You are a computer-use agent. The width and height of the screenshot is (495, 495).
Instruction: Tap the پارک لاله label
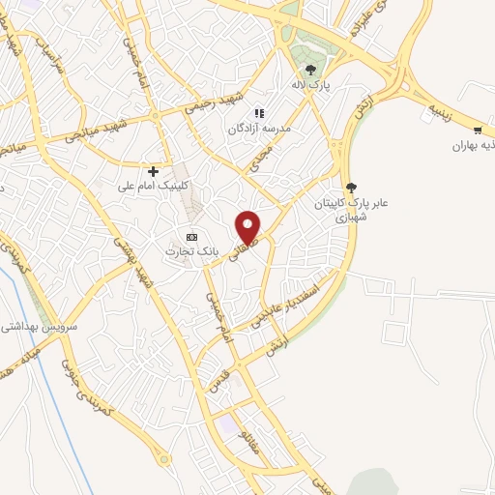point(311,85)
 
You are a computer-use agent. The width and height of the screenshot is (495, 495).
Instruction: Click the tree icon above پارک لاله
point(310,69)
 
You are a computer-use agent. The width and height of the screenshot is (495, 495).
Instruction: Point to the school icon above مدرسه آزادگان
point(259,113)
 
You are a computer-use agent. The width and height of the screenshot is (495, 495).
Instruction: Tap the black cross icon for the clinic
point(154,170)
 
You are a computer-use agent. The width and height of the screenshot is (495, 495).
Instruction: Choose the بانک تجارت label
point(192,251)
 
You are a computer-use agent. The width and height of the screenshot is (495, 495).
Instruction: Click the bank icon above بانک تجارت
point(191,236)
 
